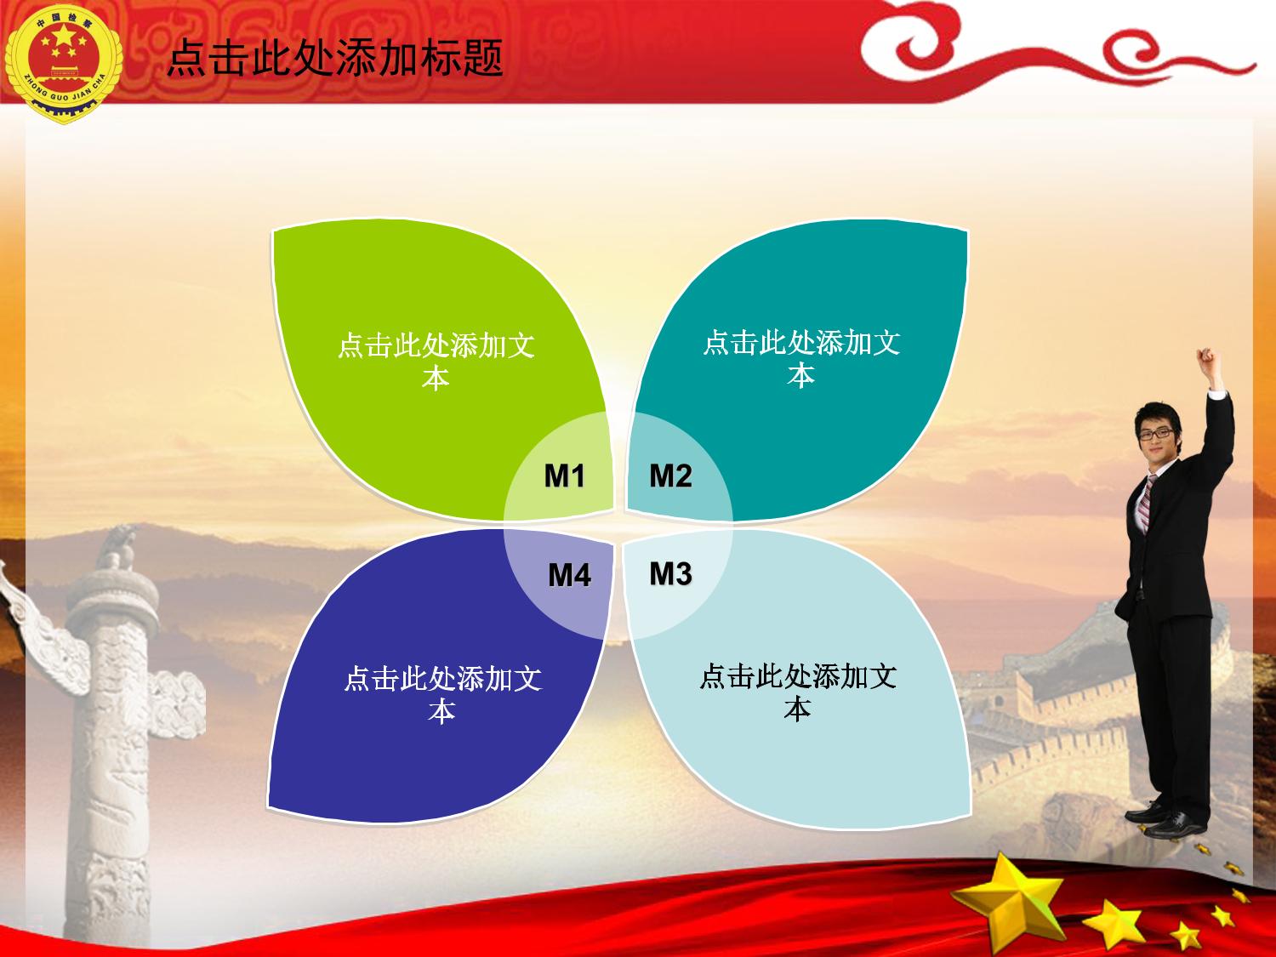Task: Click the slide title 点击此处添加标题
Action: pos(335,58)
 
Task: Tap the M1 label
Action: pos(565,476)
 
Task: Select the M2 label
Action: pos(671,476)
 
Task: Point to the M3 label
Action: pos(671,573)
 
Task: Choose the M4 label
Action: pos(570,575)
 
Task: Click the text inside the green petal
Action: pos(436,361)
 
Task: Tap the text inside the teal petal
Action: pos(801,358)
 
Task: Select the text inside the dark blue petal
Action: pos(442,694)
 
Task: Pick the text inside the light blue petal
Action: pos(798,692)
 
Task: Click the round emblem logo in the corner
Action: pos(64,63)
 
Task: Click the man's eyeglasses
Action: pos(1156,434)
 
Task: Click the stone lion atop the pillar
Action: pos(118,547)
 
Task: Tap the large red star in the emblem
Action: pos(65,38)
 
